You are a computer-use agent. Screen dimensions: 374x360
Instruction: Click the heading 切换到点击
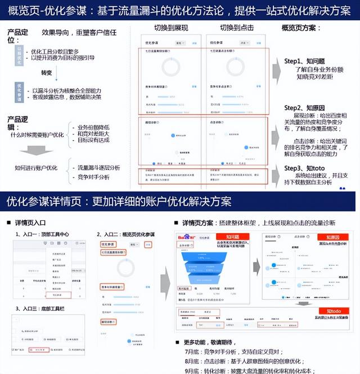point(238,28)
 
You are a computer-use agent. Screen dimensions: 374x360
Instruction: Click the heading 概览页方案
point(306,28)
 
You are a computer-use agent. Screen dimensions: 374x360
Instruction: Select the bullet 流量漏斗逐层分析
point(98,167)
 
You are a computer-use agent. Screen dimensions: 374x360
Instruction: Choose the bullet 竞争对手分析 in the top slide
point(94,177)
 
